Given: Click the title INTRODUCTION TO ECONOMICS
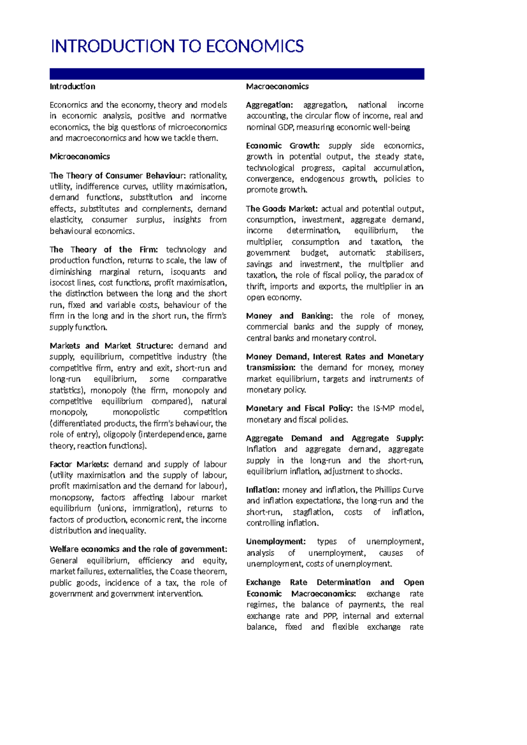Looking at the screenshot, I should (177, 46).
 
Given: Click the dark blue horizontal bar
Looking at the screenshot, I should (237, 74).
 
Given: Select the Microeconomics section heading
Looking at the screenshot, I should (79, 157).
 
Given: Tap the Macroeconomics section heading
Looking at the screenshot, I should (277, 87).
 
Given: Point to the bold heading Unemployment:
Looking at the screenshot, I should (275, 542).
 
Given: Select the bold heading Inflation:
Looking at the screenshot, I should (262, 490).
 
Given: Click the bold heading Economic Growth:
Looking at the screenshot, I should (282, 146).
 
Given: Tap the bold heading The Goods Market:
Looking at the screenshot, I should (282, 209).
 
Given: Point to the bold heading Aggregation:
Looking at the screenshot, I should (269, 105).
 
